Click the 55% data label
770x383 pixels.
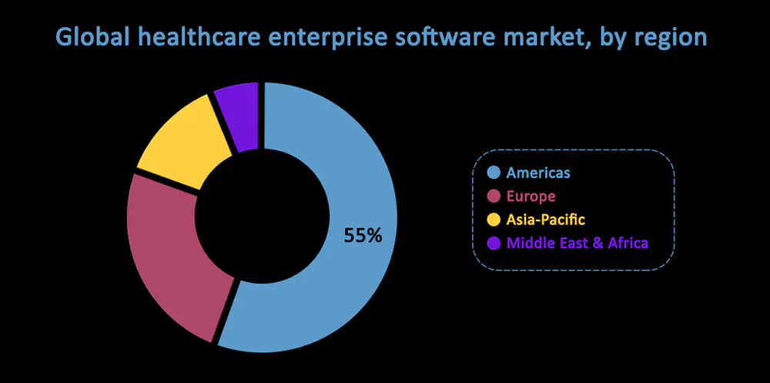pyautogui.click(x=363, y=236)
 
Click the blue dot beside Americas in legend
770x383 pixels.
pyautogui.click(x=494, y=173)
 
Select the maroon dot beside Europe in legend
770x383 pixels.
pyautogui.click(x=494, y=197)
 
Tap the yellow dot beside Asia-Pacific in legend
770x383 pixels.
pyautogui.click(x=494, y=220)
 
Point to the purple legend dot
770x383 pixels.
pyautogui.click(x=494, y=243)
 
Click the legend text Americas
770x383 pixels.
pyautogui.click(x=538, y=173)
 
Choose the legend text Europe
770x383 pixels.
pyautogui.click(x=531, y=197)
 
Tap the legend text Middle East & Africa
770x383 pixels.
pyautogui.click(x=577, y=243)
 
